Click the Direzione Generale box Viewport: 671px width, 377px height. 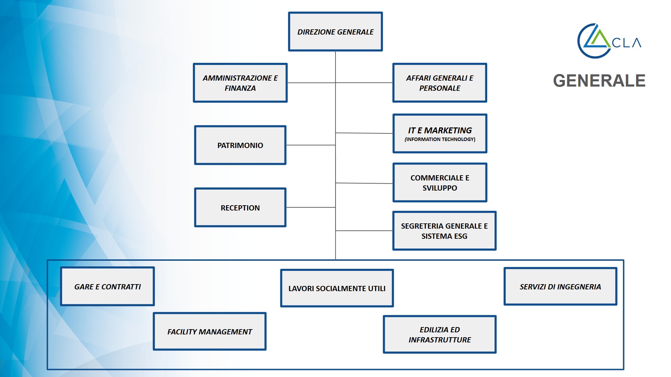[335, 32]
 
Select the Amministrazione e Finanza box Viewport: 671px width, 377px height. [240, 83]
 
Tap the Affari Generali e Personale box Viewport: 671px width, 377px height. [439, 83]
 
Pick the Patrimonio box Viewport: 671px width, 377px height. [240, 145]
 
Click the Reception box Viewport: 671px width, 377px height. [240, 207]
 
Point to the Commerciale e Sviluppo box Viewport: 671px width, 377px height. [440, 183]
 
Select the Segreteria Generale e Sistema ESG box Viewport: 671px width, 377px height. [444, 231]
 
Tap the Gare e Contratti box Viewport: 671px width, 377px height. [107, 286]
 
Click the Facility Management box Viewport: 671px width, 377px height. [209, 331]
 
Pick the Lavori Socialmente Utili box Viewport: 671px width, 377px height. [337, 288]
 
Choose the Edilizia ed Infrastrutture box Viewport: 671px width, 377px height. [440, 334]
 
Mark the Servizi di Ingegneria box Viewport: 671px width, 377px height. [560, 286]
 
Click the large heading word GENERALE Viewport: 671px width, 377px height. [599, 81]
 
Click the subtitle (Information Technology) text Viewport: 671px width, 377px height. [440, 139]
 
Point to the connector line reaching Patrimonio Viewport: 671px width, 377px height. [311, 145]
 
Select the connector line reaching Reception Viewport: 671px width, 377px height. [311, 207]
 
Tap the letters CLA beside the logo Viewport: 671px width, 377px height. [627, 43]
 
